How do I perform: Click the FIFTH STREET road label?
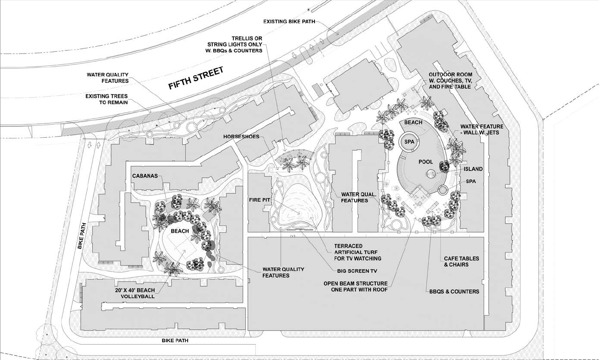196,78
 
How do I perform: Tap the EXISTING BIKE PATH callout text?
289,22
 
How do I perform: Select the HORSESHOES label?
242,137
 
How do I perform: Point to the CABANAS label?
145,176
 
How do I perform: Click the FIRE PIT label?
260,200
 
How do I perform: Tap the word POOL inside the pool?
426,162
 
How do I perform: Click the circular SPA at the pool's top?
409,142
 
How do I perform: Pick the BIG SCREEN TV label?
357,271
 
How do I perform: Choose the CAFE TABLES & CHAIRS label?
462,262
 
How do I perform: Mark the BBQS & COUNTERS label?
454,291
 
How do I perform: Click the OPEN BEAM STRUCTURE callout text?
355,286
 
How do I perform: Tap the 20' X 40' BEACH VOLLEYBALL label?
135,293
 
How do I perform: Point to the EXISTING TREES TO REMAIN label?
107,99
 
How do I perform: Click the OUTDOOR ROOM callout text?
450,81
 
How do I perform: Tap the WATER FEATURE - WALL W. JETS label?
482,129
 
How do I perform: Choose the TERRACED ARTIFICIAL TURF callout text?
358,252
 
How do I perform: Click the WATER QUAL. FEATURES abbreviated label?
358,197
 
